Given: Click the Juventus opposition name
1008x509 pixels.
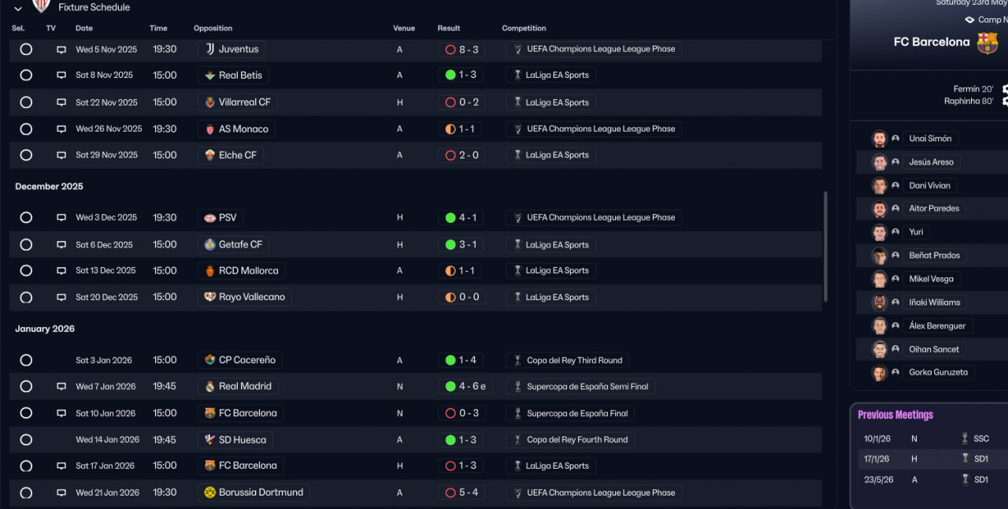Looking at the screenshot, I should point(238,49).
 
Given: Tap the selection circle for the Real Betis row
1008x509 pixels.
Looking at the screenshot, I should point(26,76).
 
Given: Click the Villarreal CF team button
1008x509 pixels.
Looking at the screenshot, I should point(244,102).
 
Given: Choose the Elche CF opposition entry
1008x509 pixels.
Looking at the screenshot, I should point(237,155).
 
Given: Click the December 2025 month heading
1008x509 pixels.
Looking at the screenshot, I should point(49,187).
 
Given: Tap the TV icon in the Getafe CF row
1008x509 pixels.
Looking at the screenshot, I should point(61,245).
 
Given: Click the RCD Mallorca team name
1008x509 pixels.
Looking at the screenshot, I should point(248,271).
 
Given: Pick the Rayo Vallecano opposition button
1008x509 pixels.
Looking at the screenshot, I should point(251,297).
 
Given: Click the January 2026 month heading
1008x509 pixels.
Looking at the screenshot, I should point(44,329).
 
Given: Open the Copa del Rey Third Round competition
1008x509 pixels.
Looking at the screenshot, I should point(574,360).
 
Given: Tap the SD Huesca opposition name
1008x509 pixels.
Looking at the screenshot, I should point(242,440).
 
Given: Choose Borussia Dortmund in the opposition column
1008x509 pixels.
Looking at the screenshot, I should point(260,492).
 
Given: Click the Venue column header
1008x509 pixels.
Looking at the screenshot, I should point(404,28).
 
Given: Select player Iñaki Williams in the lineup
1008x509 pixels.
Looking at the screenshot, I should point(934,303).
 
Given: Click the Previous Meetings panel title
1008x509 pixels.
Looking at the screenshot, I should point(895,415).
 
